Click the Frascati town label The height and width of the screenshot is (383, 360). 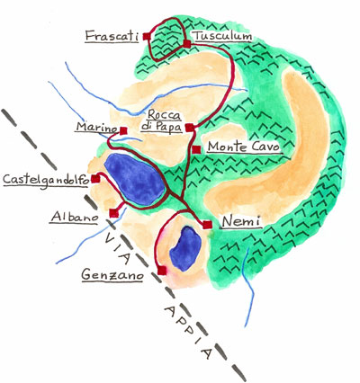coord(112,36)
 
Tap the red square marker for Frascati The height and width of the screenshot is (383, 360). coord(147,36)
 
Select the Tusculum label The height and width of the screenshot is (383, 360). coord(223,36)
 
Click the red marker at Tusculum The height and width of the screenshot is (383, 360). coord(187,44)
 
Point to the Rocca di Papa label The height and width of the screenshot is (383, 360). coord(162,121)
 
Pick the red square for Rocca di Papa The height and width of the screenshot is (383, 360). coord(190,128)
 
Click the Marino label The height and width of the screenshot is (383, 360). coord(96,127)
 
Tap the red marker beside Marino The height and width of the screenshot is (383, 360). coord(123,130)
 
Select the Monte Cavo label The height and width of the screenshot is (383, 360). coord(244,147)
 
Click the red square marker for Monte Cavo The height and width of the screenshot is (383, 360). coord(196,149)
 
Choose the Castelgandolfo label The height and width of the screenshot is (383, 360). coord(46,181)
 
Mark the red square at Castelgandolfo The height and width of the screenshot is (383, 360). coord(95,179)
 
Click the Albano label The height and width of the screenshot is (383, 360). coord(75,217)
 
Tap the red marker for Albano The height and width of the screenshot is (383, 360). coord(114,213)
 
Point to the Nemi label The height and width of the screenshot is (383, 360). coord(241,222)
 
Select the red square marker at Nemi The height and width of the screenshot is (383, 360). coord(207,225)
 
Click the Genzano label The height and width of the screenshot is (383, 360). coord(112,275)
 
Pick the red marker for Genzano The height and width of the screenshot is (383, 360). coord(162,271)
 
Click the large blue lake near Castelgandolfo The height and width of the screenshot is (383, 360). coord(135,179)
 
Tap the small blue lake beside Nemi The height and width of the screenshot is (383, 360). coord(185,249)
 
